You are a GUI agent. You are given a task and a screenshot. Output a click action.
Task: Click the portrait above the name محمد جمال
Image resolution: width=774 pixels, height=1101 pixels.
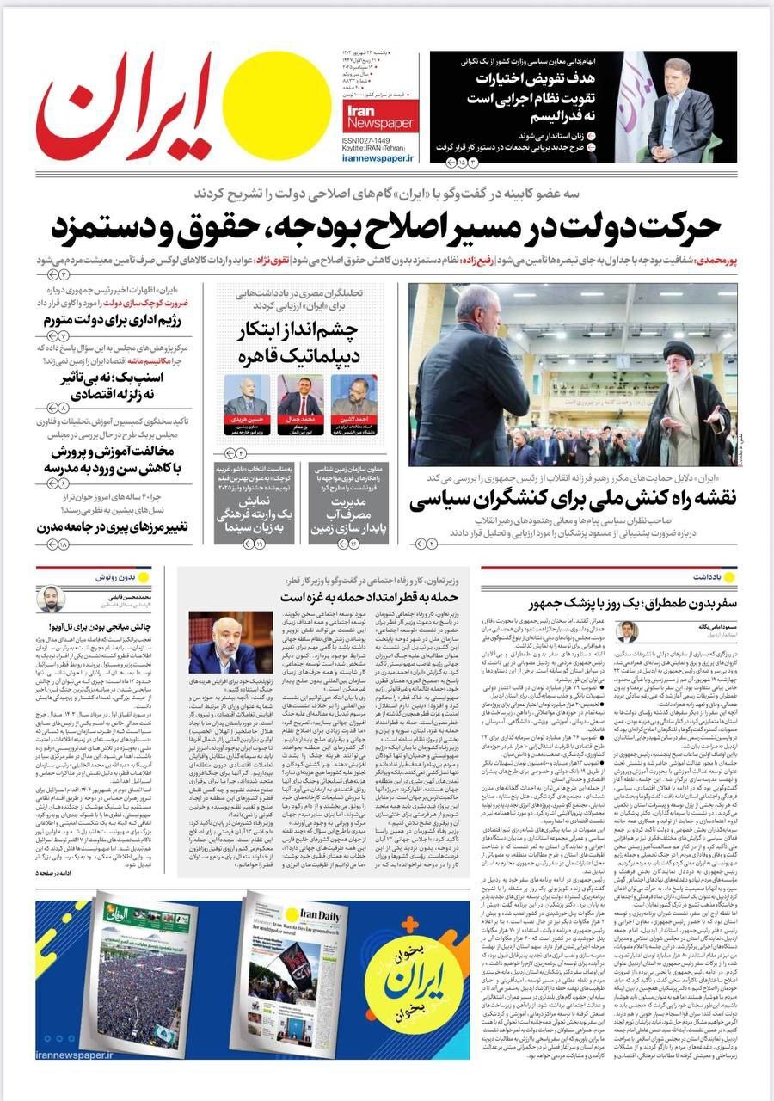pyautogui.click(x=300, y=395)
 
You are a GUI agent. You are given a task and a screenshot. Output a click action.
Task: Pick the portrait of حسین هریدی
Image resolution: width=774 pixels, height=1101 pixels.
pyautogui.click(x=246, y=395)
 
